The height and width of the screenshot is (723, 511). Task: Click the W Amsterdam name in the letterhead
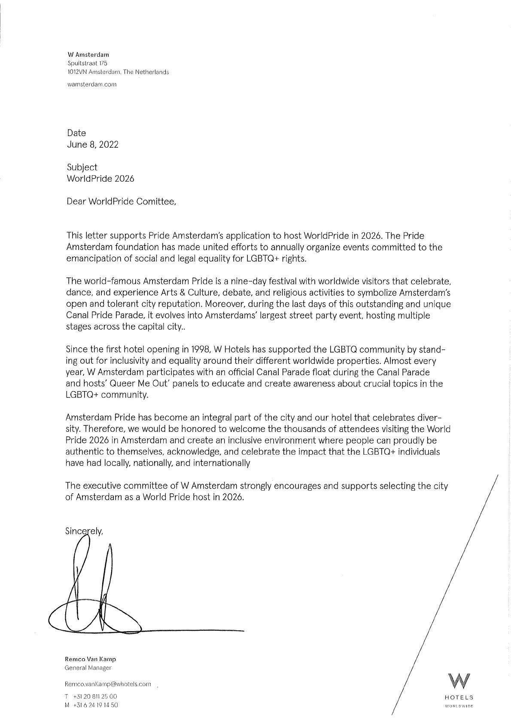pos(88,55)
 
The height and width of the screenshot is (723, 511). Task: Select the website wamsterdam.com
pos(92,84)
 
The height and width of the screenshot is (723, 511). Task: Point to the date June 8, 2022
pos(92,144)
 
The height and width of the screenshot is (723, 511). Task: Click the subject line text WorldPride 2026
pos(100,178)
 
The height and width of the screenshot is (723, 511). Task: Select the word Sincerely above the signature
pos(84,531)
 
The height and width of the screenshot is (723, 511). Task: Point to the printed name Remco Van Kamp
pos(90,659)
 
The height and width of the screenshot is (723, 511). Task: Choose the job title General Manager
pos(88,668)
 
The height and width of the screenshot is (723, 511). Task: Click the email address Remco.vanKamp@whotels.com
pos(107,684)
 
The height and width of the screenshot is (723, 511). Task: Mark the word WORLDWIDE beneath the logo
pos(459,706)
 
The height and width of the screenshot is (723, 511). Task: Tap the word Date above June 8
pos(76,133)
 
